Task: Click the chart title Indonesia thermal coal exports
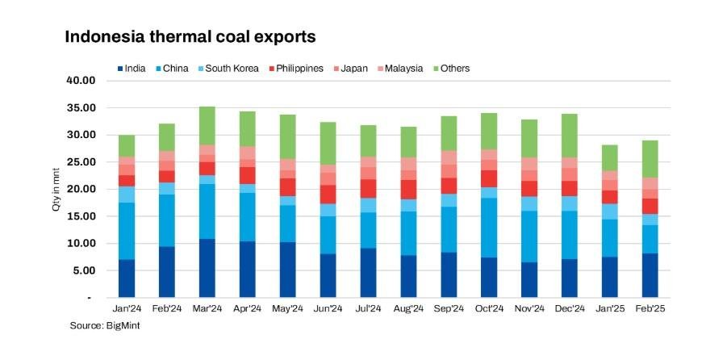coord(190,37)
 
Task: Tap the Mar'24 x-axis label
coord(207,308)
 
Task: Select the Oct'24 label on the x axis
coord(489,308)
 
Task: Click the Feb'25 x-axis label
coord(650,308)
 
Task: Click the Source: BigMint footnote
coord(100,325)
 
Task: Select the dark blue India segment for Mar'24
coord(207,268)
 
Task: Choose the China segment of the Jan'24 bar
coord(127,231)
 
